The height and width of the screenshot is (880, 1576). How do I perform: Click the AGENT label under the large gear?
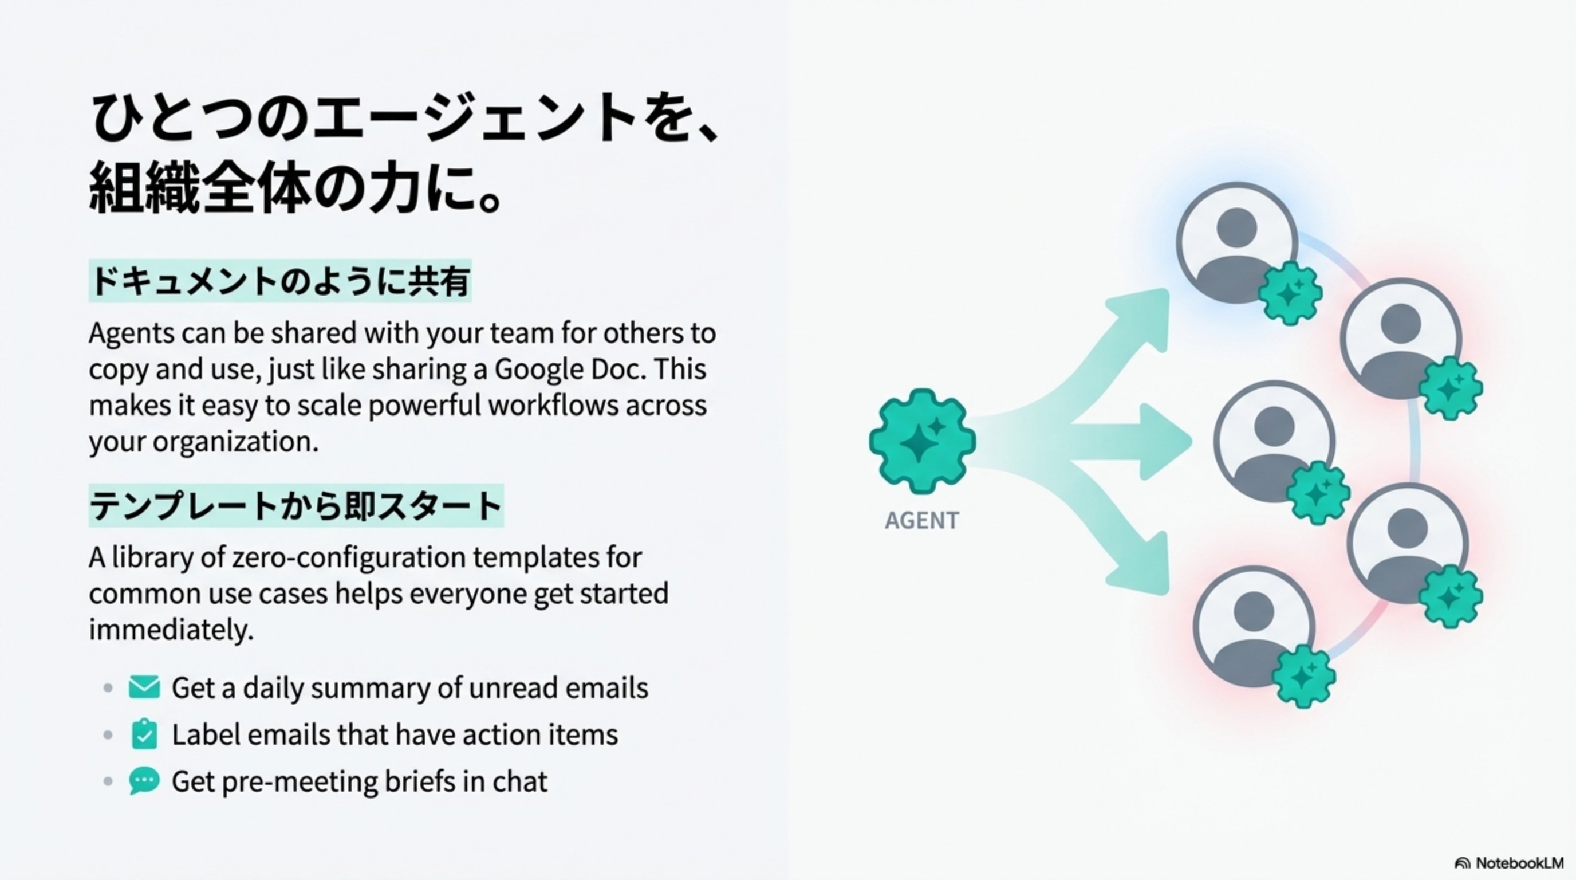click(x=921, y=521)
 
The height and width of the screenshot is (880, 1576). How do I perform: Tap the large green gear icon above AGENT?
click(x=922, y=441)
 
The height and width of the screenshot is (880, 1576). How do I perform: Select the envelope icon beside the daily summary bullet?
click(x=144, y=687)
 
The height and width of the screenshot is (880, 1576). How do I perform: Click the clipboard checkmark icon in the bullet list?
click(x=144, y=734)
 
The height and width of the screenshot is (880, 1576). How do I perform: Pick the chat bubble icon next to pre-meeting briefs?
click(x=144, y=781)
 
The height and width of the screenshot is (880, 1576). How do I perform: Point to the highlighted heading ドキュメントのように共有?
click(x=280, y=282)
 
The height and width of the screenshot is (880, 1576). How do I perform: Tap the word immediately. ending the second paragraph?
click(x=171, y=630)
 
